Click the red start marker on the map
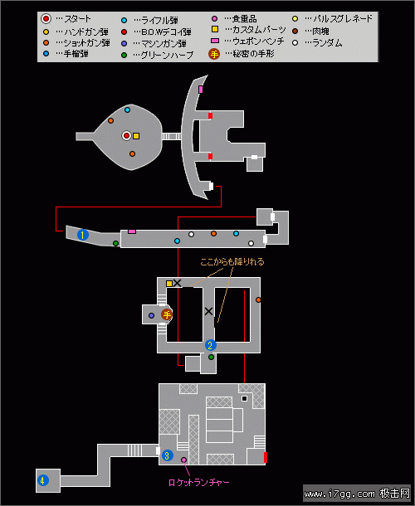[x=127, y=135]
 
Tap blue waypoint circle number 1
[x=83, y=235]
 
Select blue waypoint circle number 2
[x=210, y=345]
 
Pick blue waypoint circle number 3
[x=167, y=455]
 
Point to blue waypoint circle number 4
[x=42, y=480]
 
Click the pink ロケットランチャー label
[x=198, y=483]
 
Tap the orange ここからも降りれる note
[x=232, y=262]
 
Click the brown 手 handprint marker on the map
[x=167, y=314]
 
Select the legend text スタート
[x=77, y=19]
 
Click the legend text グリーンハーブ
[x=167, y=56]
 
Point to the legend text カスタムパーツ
[x=259, y=30]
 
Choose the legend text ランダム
[x=327, y=42]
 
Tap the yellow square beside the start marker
[x=136, y=136]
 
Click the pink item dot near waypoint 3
[x=183, y=460]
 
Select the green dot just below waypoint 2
[x=211, y=358]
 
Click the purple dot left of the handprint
[x=151, y=315]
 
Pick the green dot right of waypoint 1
[x=115, y=243]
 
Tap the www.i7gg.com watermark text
[x=339, y=494]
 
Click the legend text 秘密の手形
[x=253, y=54]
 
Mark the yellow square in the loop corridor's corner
[x=169, y=284]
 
